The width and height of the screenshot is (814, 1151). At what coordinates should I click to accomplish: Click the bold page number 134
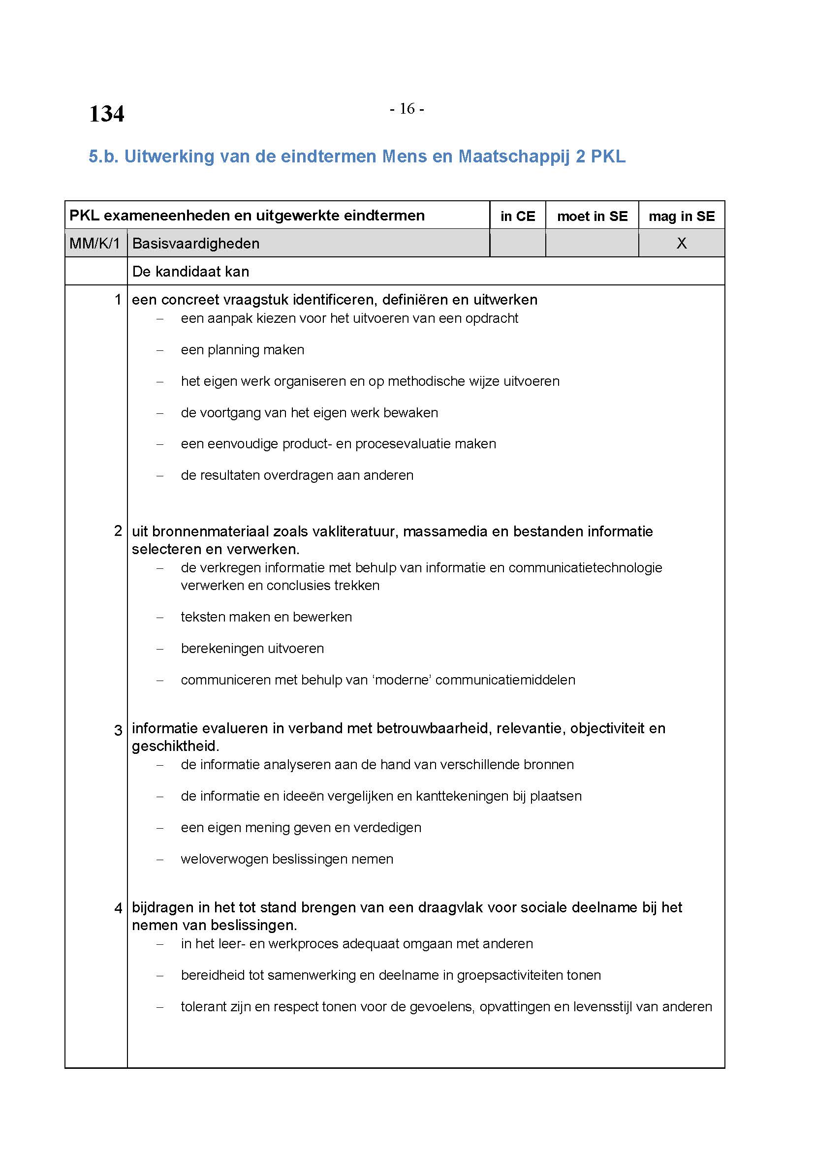pos(106,114)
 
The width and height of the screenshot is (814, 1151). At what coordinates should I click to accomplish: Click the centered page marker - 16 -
pos(407,108)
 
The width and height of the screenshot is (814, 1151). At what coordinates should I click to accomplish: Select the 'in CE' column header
pos(517,216)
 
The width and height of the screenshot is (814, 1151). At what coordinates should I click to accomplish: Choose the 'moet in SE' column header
pos(592,216)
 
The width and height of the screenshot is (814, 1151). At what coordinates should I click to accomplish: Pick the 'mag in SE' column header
pos(681,216)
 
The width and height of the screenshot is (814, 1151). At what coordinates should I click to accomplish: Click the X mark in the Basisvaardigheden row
pos(681,244)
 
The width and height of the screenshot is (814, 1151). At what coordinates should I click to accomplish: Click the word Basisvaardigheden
pos(195,244)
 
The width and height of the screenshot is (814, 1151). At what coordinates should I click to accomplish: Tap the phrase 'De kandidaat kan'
pos(190,272)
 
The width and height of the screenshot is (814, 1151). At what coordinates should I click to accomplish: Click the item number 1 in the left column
pos(118,300)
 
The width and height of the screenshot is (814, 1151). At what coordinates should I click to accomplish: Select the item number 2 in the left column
pos(118,531)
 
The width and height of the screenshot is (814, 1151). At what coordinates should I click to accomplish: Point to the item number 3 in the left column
pos(118,730)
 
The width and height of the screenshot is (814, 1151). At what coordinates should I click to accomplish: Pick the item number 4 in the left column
pos(118,908)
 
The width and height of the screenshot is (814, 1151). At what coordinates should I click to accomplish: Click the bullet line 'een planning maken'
pos(243,350)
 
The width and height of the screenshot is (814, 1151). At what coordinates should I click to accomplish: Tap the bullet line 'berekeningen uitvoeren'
pos(252,649)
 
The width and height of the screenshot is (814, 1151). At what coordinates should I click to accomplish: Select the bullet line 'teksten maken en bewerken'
pos(266,617)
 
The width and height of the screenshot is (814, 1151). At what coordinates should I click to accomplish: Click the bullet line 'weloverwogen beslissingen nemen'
pos(287,859)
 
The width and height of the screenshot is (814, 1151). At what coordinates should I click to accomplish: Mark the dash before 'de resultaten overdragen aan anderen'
pos(160,476)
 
